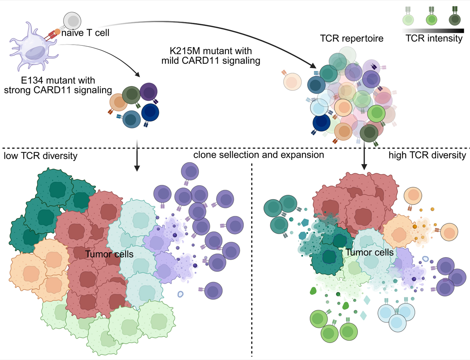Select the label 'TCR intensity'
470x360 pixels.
click(x=434, y=39)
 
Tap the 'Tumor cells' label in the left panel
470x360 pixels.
click(x=109, y=254)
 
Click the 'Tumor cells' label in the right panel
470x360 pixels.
click(x=369, y=252)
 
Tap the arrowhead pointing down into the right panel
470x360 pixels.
click(x=363, y=166)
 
